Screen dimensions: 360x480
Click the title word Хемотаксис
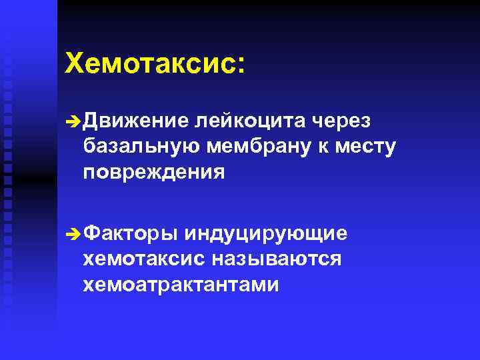click(x=151, y=65)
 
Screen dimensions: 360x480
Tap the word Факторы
click(x=133, y=233)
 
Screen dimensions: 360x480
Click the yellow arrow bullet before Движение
click(x=73, y=121)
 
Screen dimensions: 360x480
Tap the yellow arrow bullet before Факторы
click(x=73, y=234)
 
